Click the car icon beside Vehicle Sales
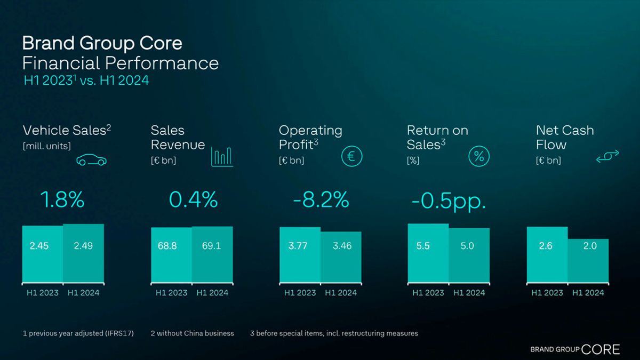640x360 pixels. [92, 159]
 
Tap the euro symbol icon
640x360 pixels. [352, 156]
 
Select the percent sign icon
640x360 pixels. [479, 156]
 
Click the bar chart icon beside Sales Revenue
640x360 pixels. [222, 156]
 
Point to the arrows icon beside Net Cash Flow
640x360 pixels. [607, 156]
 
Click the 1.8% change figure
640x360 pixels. [62, 200]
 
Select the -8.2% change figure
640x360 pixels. [321, 200]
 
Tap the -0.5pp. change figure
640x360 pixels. [449, 202]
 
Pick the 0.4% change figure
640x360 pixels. [193, 200]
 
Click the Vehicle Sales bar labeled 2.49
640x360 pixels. [83, 253]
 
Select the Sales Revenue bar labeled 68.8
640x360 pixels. [171, 254]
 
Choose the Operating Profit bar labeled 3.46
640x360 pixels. [341, 257]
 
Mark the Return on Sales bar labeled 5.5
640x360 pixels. [428, 252]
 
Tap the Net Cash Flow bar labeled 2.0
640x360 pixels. [588, 260]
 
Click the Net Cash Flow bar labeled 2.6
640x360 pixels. [547, 254]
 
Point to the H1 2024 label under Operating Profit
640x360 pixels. [341, 293]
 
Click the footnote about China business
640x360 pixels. [192, 333]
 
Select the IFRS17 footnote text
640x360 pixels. [78, 333]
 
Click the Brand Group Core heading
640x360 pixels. [102, 43]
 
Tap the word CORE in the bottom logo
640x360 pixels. [601, 350]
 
